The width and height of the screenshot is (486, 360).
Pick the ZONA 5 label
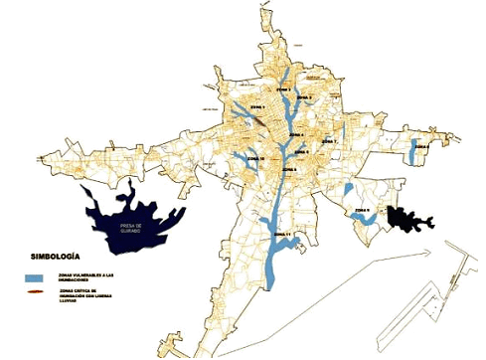288,171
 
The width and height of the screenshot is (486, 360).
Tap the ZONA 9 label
361,211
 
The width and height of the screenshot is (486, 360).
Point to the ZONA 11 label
282,235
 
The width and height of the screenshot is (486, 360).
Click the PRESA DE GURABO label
132,228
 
